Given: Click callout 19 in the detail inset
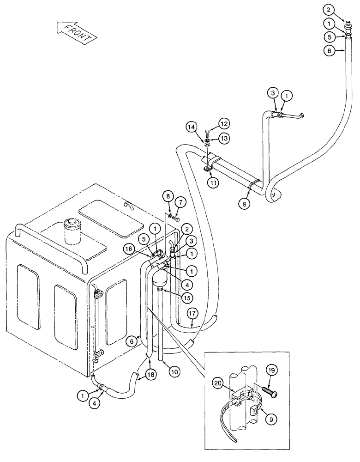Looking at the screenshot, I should point(271,370).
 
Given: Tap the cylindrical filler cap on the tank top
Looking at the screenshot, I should point(73,232).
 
